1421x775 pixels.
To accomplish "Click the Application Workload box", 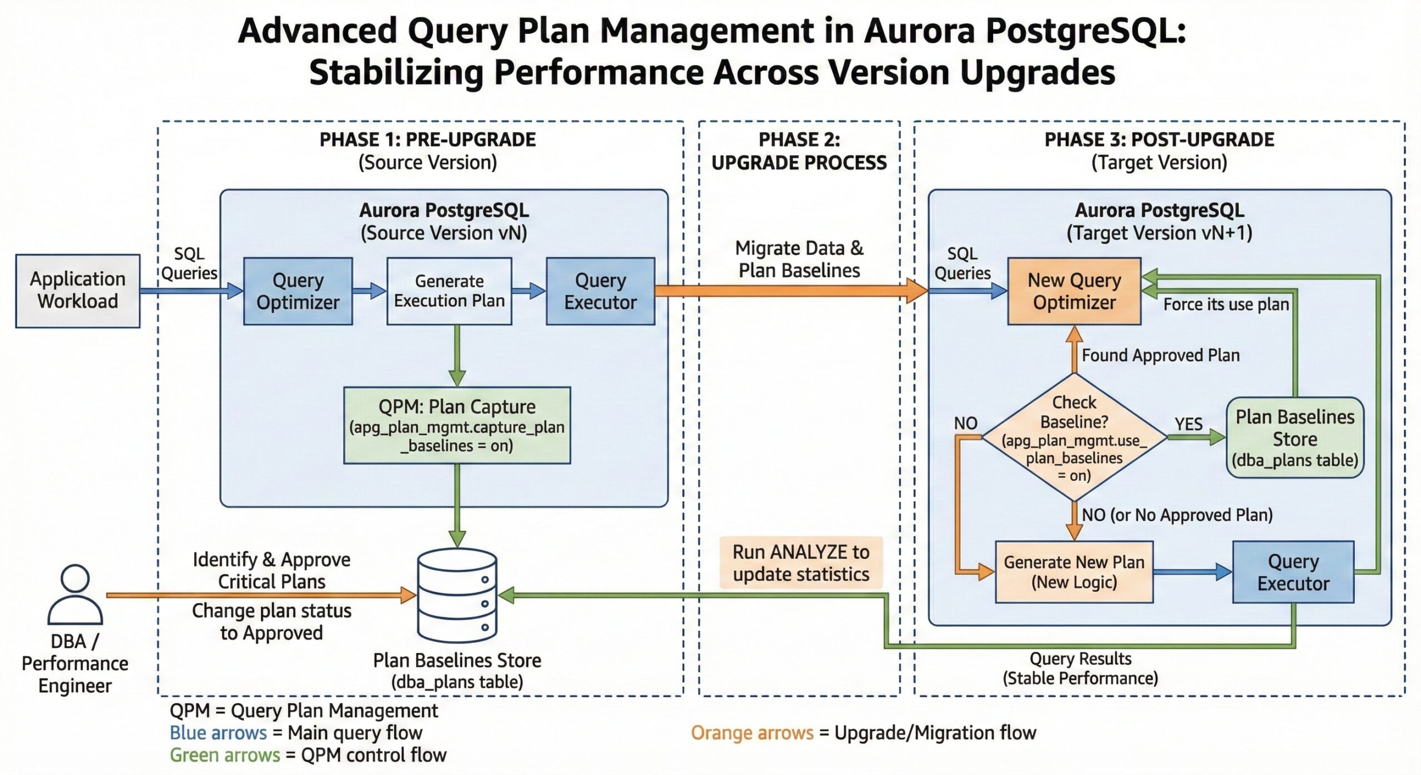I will tap(78, 290).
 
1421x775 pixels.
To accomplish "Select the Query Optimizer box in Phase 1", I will tap(298, 291).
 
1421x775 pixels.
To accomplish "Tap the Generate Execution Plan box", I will tap(449, 291).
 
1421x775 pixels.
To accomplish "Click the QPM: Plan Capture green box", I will tap(457, 425).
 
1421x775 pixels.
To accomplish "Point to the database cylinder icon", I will tap(457, 595).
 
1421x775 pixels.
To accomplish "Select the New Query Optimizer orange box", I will tap(1074, 291).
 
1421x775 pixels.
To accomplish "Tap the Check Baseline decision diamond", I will tap(1074, 437).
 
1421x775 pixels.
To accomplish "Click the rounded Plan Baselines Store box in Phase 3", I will tap(1294, 437).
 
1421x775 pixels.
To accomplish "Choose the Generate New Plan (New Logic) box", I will tap(1074, 572).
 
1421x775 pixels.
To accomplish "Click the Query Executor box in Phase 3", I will tap(1293, 572).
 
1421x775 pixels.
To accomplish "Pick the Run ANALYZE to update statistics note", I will tap(800, 562).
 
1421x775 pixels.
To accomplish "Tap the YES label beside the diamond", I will tap(1188, 424).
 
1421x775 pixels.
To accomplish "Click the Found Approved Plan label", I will tap(1160, 355).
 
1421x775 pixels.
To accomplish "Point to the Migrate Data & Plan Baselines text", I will tap(799, 259).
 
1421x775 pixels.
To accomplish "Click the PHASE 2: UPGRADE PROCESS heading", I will tap(799, 151).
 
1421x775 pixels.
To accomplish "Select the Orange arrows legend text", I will tap(752, 733).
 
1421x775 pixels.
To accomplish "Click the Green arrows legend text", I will tap(224, 755).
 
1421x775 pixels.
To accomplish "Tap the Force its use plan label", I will tap(1226, 304).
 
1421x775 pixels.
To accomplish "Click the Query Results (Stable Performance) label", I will tap(1080, 668).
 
